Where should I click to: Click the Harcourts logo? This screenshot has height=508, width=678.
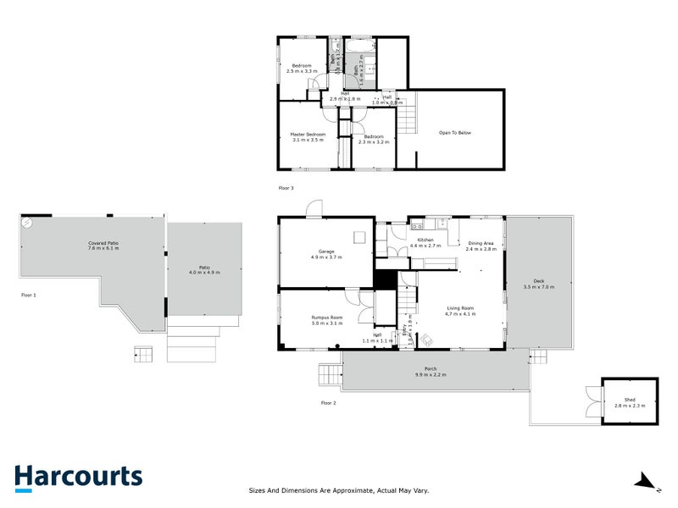(78, 477)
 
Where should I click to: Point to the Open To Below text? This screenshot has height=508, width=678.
(454, 133)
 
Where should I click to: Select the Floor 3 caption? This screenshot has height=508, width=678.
(286, 187)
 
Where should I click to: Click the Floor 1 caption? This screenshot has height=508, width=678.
(28, 295)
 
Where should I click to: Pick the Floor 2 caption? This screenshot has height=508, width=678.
(328, 403)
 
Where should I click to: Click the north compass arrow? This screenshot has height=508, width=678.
(647, 481)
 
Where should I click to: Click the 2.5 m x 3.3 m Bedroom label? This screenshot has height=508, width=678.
(302, 69)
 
